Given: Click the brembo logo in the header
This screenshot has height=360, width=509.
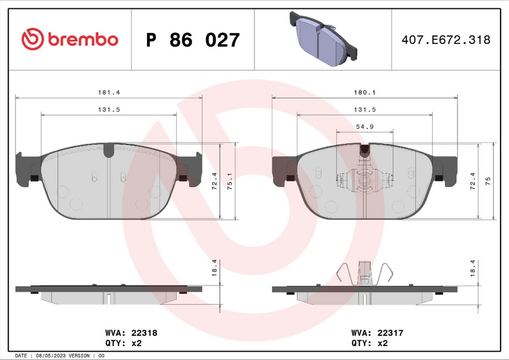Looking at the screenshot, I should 70,39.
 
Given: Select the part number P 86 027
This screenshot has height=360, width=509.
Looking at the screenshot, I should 193,40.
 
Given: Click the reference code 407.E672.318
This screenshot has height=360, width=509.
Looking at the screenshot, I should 445,40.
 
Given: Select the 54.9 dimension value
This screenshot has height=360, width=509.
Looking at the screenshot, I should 364,127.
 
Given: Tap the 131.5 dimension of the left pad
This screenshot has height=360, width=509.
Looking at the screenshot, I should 109,109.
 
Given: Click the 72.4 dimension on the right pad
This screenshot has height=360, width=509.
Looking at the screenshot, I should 473,180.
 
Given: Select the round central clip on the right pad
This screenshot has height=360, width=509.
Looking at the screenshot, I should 365,181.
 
